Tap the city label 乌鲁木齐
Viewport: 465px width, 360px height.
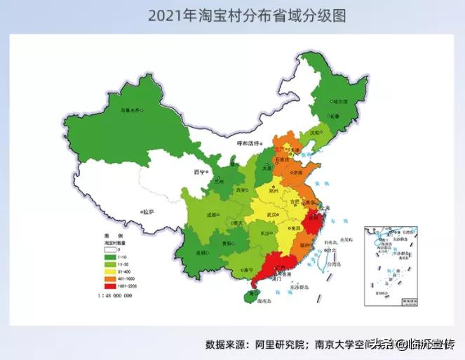coord(129,109)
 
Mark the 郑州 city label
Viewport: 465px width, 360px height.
coord(275,189)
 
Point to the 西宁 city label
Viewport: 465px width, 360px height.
coord(199,171)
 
